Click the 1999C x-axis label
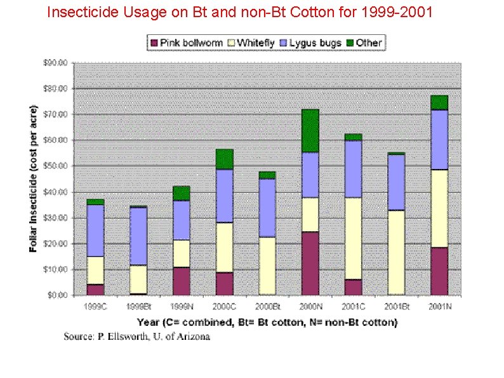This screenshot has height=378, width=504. (x=95, y=307)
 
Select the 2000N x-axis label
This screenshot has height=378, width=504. (x=310, y=307)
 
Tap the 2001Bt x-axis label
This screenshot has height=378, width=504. (x=396, y=307)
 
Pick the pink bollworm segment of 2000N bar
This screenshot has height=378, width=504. (x=310, y=263)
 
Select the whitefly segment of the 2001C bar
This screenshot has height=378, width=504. (x=353, y=238)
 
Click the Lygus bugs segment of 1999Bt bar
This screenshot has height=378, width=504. (x=138, y=236)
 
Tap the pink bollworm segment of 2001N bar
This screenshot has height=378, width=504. (x=439, y=271)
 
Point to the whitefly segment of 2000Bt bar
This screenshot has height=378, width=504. (x=267, y=266)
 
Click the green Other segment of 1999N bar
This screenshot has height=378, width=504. (x=182, y=193)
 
